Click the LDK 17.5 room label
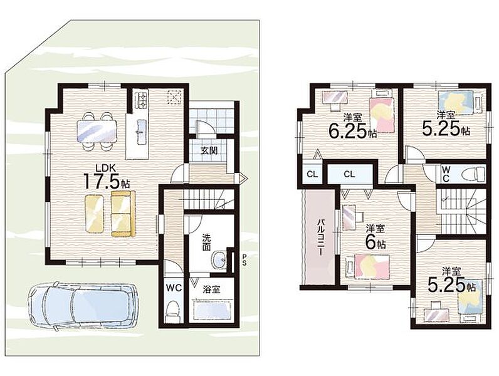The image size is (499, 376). pos(107,177)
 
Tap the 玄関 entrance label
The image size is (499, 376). pos(209,150)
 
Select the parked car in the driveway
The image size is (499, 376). pos(83,304)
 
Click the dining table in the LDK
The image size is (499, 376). pos(97,131)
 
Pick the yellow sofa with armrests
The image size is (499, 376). pos(123,214)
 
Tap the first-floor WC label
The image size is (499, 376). pos(174,288)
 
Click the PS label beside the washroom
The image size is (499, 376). pos(244,259)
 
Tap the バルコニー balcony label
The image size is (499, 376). pos(320,237)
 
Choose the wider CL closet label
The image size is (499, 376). pos(349,174)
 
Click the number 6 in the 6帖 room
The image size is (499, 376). pos(370,243)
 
